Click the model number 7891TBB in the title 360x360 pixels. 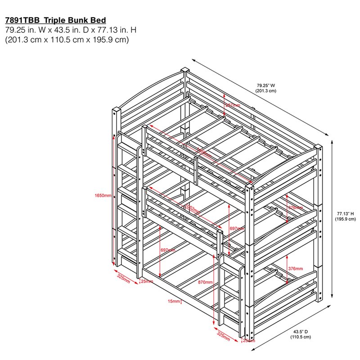pyautogui.click(x=22, y=20)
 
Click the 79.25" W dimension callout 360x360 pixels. pyautogui.click(x=266, y=85)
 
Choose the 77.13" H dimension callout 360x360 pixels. pyautogui.click(x=345, y=214)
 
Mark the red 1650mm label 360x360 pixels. pyautogui.click(x=103, y=195)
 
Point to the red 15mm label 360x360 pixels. pyautogui.click(x=174, y=301)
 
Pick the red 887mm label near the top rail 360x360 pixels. pyautogui.click(x=233, y=105)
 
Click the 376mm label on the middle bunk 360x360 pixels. pyautogui.click(x=295, y=207)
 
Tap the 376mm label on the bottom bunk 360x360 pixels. pyautogui.click(x=295, y=269)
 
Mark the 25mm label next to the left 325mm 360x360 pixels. pyautogui.click(x=147, y=282)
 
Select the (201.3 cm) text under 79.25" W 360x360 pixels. pyautogui.click(x=266, y=90)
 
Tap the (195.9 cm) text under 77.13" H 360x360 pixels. pyautogui.click(x=345, y=219)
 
